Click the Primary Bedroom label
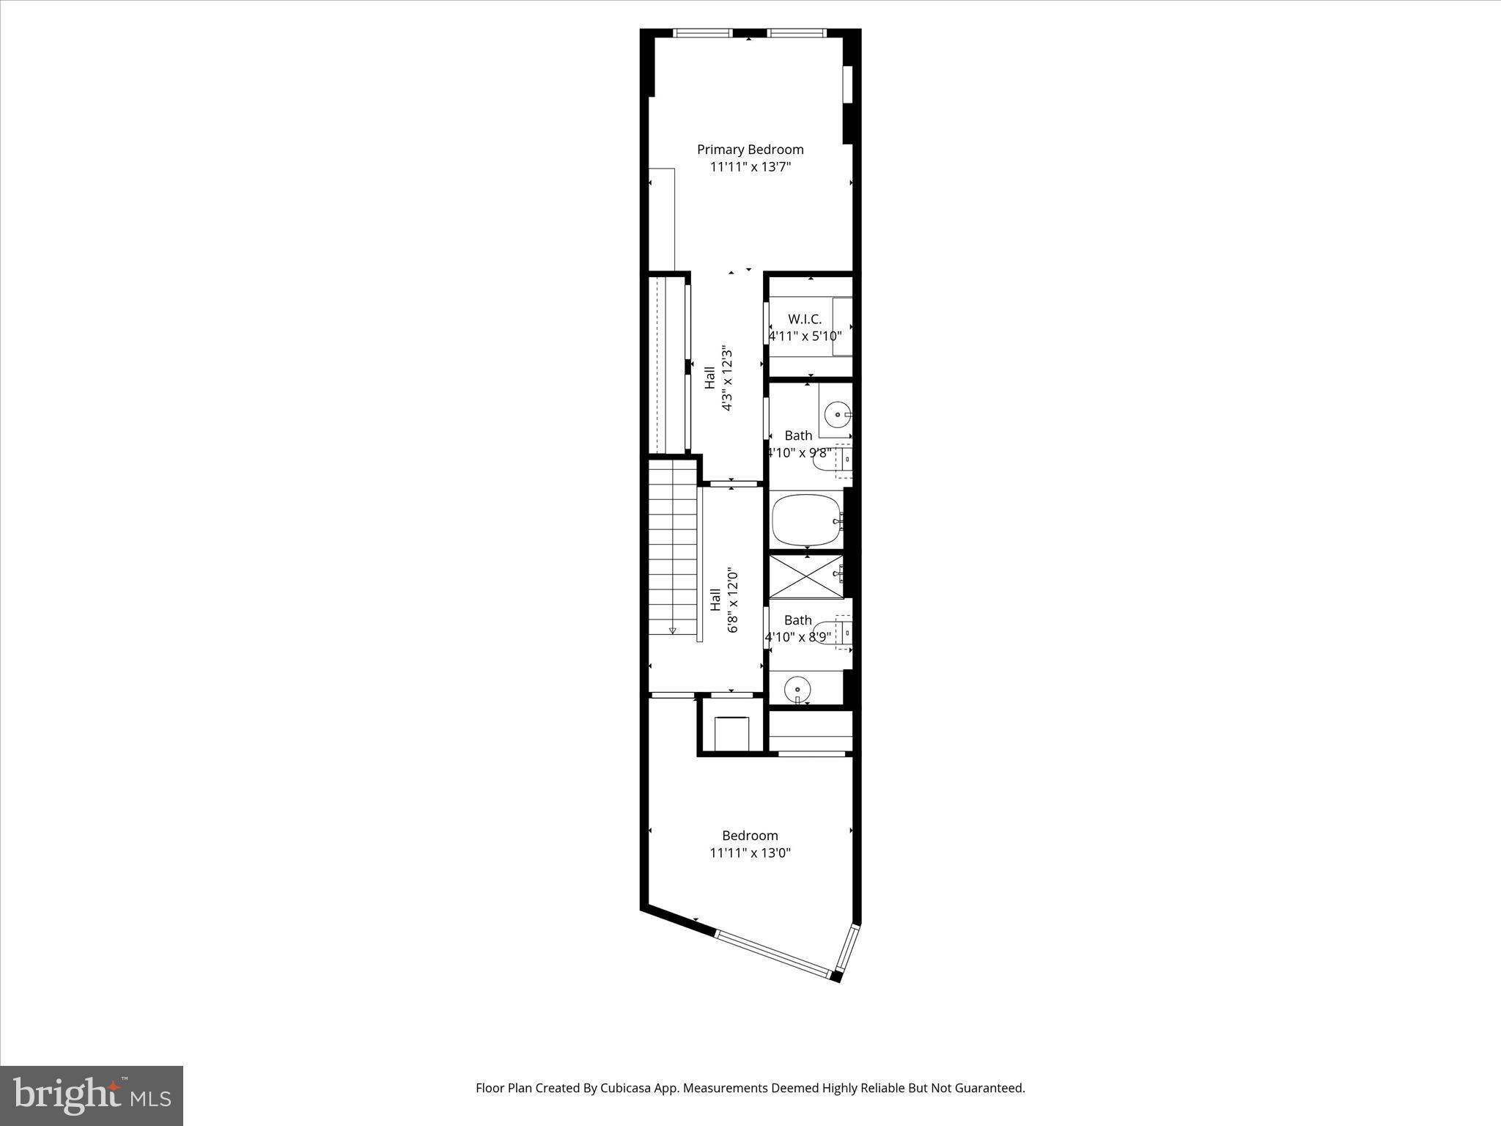750,150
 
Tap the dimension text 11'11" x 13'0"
750,853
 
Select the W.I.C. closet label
805,319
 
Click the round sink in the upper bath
836,415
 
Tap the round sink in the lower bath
797,689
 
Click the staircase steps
672,546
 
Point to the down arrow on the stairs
672,630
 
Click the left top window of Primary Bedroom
702,33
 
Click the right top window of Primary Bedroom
797,33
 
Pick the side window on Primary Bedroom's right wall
848,84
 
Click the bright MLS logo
92,1095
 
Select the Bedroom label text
750,835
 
